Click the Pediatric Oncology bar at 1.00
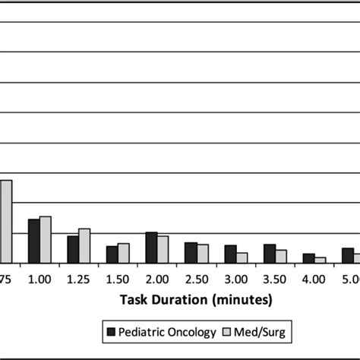click(x=33, y=241)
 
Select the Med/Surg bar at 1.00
click(x=45, y=239)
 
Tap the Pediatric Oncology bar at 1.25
click(x=73, y=249)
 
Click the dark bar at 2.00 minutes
click(x=151, y=248)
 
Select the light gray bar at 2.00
click(x=163, y=249)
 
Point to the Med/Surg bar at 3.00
click(x=242, y=257)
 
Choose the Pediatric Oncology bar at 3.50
click(x=270, y=254)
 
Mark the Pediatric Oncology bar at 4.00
click(x=309, y=258)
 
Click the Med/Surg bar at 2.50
click(x=202, y=254)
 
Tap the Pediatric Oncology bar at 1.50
click(x=112, y=254)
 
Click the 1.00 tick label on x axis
click(x=39, y=279)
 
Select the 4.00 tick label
click(x=314, y=279)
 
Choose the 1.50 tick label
click(x=118, y=279)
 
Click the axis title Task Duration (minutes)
click(x=197, y=299)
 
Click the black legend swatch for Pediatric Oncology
click(x=111, y=332)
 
